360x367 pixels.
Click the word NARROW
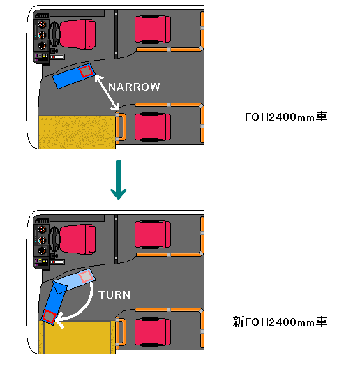point(134,87)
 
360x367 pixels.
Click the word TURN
point(114,294)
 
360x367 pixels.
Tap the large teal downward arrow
point(119,180)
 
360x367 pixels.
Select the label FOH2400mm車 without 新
point(286,117)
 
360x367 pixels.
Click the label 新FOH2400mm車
point(280,322)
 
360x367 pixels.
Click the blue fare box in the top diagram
point(73,76)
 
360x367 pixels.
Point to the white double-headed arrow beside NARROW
point(107,93)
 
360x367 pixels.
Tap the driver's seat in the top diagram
point(77,34)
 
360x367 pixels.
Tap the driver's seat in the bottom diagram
point(77,239)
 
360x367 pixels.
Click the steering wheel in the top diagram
point(55,34)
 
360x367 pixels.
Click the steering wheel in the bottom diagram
point(55,239)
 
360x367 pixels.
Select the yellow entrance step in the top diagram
point(77,132)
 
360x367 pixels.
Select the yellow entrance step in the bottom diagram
point(77,337)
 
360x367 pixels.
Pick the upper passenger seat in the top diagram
point(153,29)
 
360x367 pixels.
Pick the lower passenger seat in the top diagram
point(153,127)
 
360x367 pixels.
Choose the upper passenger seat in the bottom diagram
point(153,234)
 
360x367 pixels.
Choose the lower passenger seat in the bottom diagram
point(153,332)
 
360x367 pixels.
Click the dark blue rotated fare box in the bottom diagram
point(54,302)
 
